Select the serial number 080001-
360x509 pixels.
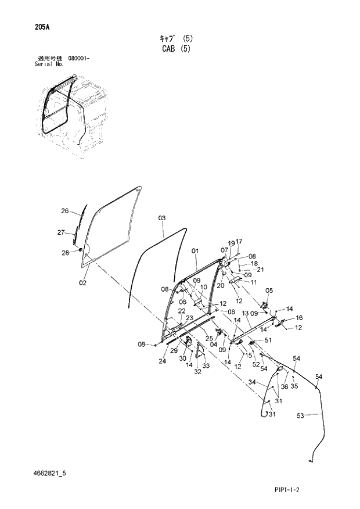pyautogui.click(x=78, y=59)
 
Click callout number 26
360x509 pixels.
pyautogui.click(x=65, y=211)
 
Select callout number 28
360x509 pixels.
pyautogui.click(x=65, y=252)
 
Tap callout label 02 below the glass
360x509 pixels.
pyautogui.click(x=82, y=283)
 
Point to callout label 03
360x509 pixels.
pyautogui.click(x=162, y=218)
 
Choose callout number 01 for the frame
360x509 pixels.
pyautogui.click(x=195, y=251)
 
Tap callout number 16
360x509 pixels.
pyautogui.click(x=300, y=318)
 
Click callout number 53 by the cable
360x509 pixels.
pyautogui.click(x=300, y=415)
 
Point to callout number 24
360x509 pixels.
pyautogui.click(x=163, y=361)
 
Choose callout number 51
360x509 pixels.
pyautogui.click(x=268, y=340)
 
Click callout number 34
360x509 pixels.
pyautogui.click(x=252, y=382)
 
